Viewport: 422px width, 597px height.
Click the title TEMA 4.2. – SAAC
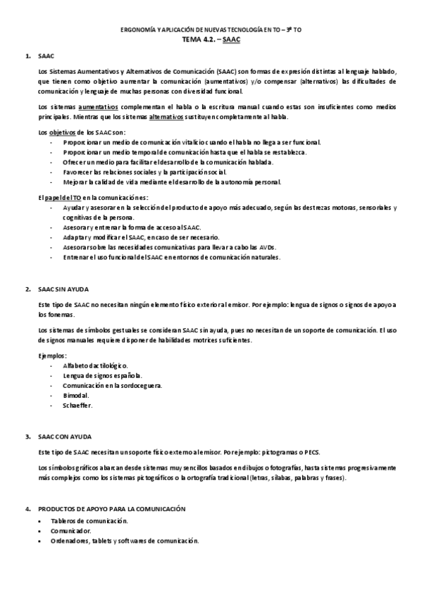coord(211,41)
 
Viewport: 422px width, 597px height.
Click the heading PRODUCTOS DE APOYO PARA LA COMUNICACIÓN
coord(111,508)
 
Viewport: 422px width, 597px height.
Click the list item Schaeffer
coord(77,406)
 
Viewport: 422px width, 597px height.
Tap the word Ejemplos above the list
coord(52,356)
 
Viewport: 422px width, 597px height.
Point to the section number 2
coord(27,289)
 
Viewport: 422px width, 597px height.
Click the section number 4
coord(27,508)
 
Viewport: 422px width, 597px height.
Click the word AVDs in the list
coord(267,247)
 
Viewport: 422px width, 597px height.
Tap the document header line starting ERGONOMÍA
coord(211,30)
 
